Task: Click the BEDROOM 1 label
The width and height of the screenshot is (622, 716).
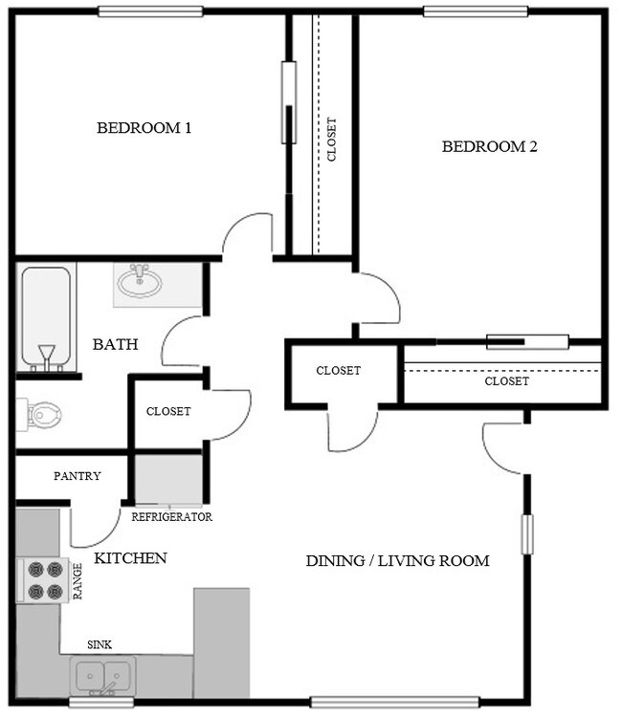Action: coord(144,128)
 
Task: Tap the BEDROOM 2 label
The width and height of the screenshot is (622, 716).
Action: coord(489,146)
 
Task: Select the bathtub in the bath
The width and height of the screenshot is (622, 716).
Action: coord(45,317)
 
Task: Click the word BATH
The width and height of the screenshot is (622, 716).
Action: coord(115,344)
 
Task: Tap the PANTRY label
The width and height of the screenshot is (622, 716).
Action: coord(78,476)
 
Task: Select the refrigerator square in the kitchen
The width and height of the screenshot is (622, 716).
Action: coord(167,479)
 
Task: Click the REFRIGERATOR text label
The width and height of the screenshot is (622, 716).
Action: coord(171,517)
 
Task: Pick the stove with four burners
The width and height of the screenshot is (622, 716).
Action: coord(40,579)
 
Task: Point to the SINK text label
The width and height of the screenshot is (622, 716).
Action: coord(100,645)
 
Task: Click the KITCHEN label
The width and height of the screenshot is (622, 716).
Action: coord(130,558)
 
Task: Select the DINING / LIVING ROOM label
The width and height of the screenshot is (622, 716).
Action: coord(397,561)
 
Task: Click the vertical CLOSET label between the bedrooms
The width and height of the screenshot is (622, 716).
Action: coord(332,140)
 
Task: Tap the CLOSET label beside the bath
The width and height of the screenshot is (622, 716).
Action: coord(168,412)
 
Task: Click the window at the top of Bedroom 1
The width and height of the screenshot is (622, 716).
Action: coord(150,11)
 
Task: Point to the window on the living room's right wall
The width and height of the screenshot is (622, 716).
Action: coord(525,534)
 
